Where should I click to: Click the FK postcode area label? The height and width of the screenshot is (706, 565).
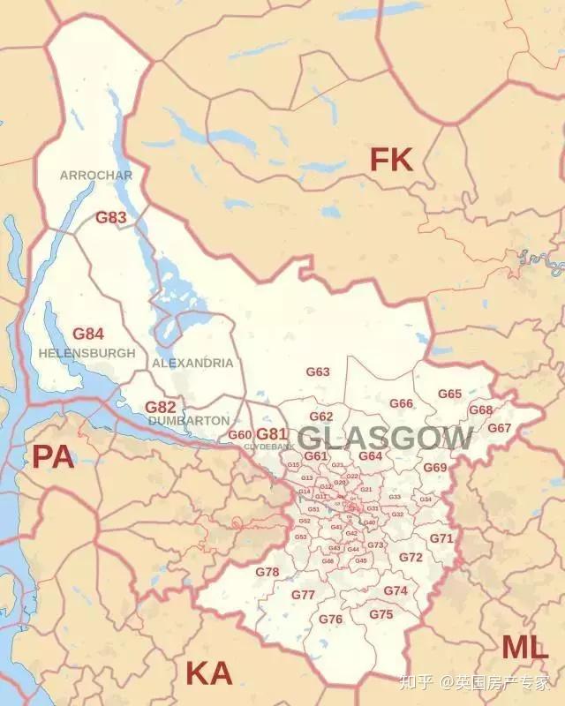tap(391, 160)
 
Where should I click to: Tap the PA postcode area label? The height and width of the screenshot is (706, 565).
tap(53, 456)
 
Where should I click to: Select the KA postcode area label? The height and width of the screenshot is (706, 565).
tap(208, 674)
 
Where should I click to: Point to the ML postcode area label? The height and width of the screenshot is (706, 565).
tap(524, 647)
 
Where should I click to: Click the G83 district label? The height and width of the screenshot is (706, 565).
tap(111, 217)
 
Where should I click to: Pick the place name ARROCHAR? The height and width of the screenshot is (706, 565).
tap(96, 176)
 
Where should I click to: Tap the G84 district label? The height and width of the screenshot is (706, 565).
tap(88, 334)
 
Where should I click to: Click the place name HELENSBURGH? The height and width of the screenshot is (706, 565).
tap(87, 353)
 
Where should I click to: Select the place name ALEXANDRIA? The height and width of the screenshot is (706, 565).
tap(192, 363)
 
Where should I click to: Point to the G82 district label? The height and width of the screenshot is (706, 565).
tap(161, 407)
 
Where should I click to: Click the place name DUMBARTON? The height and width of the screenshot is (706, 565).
tap(189, 421)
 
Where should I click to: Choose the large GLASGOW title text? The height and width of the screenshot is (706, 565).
tap(385, 438)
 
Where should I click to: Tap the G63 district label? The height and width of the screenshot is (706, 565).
tap(318, 372)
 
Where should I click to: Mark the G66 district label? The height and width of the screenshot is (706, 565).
tap(402, 403)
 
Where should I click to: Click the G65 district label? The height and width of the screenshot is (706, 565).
tap(450, 394)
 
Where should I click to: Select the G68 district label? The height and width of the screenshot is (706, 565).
tap(481, 410)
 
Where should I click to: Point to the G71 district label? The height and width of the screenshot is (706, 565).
tap(441, 538)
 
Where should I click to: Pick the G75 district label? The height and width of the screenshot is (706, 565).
tap(381, 614)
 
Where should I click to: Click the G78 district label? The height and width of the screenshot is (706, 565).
tap(267, 572)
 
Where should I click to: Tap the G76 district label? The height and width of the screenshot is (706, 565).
tap(331, 620)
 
